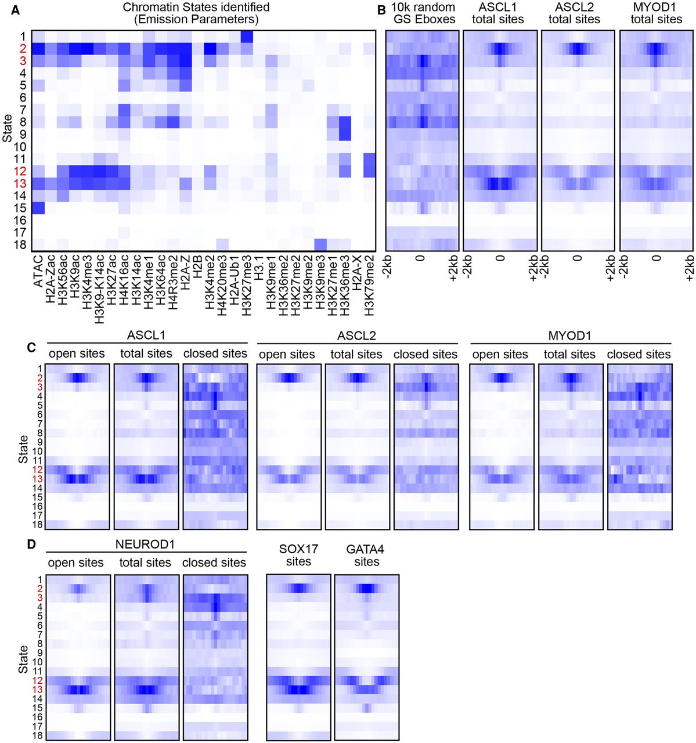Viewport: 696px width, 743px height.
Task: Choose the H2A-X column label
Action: [357, 273]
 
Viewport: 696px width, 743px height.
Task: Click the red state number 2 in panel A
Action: [23, 48]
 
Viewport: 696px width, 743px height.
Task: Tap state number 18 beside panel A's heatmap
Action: [20, 244]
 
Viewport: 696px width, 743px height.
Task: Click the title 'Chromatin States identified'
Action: [196, 8]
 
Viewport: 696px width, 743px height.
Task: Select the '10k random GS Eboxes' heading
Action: [423, 13]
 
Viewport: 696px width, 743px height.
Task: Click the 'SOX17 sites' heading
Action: [298, 555]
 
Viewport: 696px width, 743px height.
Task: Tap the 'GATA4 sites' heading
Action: [366, 555]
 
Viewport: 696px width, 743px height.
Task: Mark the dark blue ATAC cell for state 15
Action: [38, 208]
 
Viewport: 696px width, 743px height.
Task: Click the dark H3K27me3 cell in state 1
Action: [247, 37]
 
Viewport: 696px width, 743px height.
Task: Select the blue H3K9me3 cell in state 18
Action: [320, 244]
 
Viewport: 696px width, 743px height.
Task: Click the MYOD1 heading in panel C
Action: [570, 336]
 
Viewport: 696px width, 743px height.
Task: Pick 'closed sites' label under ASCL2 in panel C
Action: [425, 354]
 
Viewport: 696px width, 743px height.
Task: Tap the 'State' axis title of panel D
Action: [23, 658]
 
